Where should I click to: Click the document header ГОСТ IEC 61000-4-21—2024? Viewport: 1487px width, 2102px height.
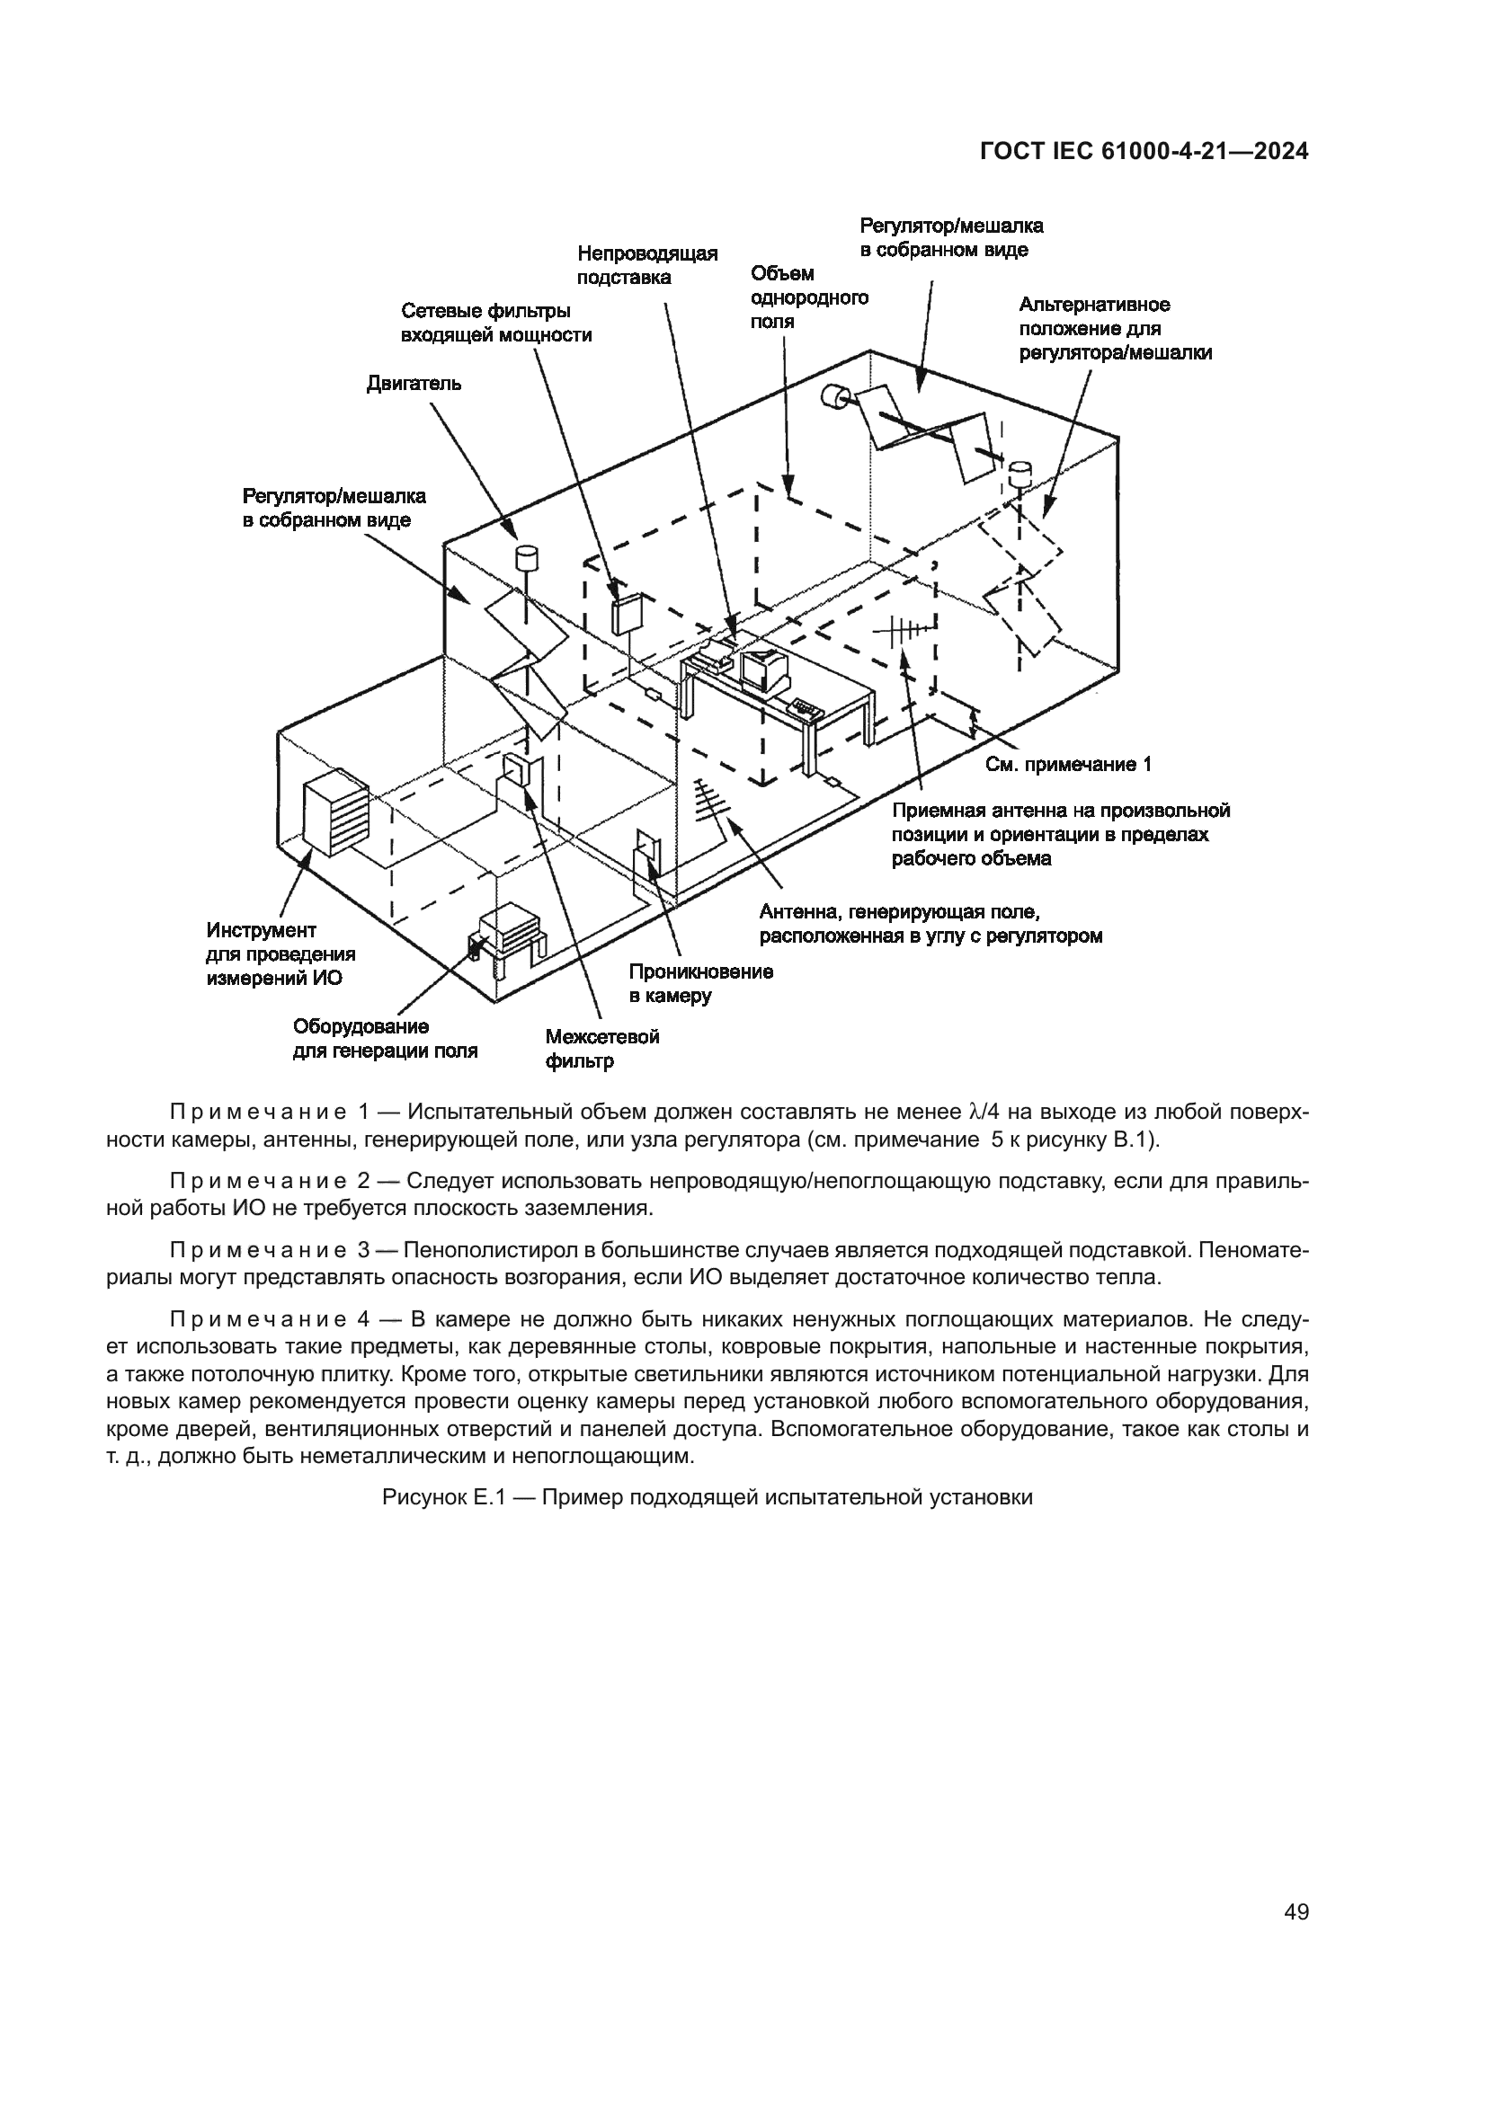(x=1144, y=152)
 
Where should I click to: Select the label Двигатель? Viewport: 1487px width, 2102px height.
(x=414, y=384)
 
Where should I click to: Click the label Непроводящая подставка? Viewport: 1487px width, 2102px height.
(x=646, y=265)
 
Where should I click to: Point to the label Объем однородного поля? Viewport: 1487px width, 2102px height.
(x=808, y=297)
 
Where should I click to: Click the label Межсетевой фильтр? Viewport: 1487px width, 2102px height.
(x=601, y=1049)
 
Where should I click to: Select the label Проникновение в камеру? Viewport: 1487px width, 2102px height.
(x=700, y=983)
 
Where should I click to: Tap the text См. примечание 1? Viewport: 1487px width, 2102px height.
(x=1068, y=765)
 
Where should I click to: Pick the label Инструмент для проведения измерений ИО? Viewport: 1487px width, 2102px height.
(x=280, y=955)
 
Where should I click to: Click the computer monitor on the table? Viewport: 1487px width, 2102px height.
(x=764, y=673)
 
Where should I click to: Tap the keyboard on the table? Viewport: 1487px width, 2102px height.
(x=806, y=706)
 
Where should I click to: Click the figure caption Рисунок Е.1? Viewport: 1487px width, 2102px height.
(x=707, y=1498)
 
